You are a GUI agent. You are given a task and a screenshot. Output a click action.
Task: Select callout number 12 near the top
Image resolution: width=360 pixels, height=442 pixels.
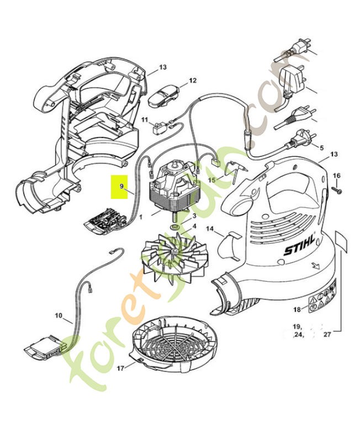click(193, 81)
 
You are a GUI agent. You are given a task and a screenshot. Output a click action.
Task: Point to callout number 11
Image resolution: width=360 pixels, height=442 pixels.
click(145, 120)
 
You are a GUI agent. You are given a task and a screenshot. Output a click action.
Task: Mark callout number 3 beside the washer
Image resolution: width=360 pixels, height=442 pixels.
click(194, 215)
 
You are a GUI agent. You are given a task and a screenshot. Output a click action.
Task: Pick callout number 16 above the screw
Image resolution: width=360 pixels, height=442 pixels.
click(337, 175)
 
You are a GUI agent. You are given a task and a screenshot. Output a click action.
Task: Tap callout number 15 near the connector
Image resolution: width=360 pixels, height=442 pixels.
click(211, 180)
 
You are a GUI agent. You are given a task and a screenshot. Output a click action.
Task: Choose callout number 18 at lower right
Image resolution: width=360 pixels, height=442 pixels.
click(297, 309)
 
